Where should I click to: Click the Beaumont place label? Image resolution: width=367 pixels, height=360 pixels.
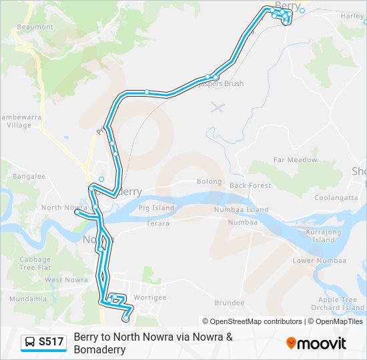pos(35,27)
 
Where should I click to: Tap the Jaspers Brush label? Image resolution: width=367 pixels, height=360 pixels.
pos(222,84)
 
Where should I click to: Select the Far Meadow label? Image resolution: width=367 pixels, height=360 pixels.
pos(295,160)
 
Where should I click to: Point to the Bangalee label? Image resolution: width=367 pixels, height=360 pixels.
pos(29,177)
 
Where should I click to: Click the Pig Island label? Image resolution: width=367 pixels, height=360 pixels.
pos(158,208)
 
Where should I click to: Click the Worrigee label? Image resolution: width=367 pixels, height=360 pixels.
pos(151,297)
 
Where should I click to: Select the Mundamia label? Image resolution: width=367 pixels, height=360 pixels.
pos(28,299)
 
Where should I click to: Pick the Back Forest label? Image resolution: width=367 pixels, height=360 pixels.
pos(250,185)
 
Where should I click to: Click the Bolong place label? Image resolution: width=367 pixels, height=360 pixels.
pos(209,181)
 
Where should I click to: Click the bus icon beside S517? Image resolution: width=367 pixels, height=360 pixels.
pos(30,343)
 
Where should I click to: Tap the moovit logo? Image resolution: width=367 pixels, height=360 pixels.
pos(316,343)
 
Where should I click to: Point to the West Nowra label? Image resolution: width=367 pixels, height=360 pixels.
pos(67,280)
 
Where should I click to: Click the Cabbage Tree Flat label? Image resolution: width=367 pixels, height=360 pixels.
pos(35,263)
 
